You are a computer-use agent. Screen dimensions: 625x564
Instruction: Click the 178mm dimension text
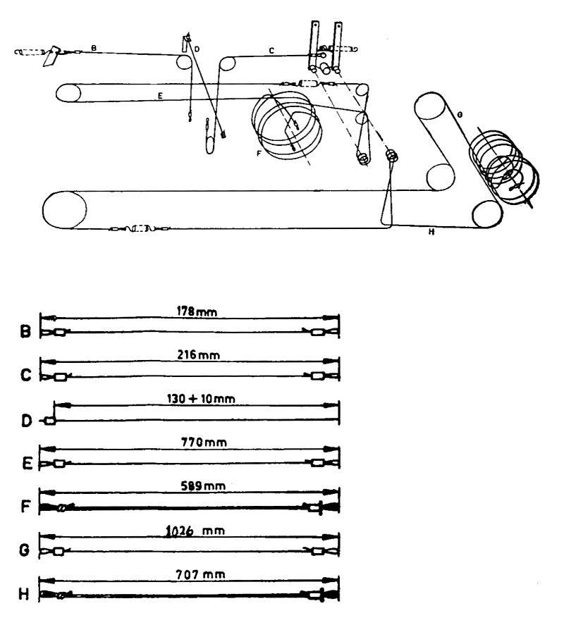tap(190, 309)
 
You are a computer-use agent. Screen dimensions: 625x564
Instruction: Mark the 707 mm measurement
tap(190, 575)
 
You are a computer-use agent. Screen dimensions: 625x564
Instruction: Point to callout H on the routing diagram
tap(429, 231)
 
